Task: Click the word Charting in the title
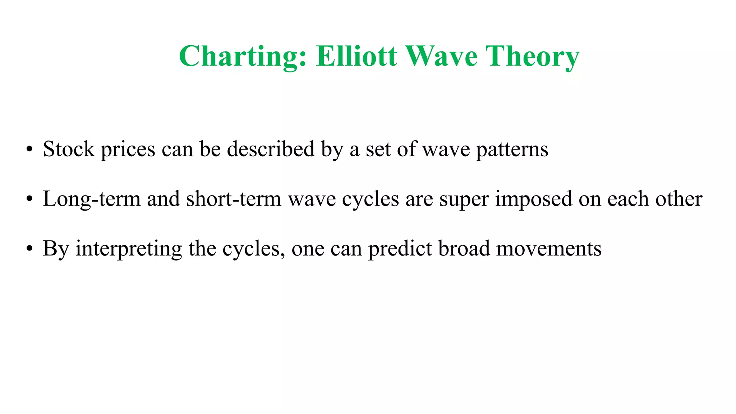tap(243, 56)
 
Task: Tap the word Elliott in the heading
tap(356, 56)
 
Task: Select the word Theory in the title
tap(532, 56)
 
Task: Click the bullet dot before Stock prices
tap(29, 149)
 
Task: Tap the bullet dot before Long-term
tap(29, 199)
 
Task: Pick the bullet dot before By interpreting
tap(29, 249)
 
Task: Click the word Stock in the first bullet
tap(69, 149)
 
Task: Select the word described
tap(271, 149)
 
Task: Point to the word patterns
tap(512, 149)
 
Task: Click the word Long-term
tap(92, 199)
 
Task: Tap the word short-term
tap(234, 199)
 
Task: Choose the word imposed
tap(534, 199)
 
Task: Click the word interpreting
tap(129, 249)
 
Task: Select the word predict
tap(400, 249)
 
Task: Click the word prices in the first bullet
tap(128, 149)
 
